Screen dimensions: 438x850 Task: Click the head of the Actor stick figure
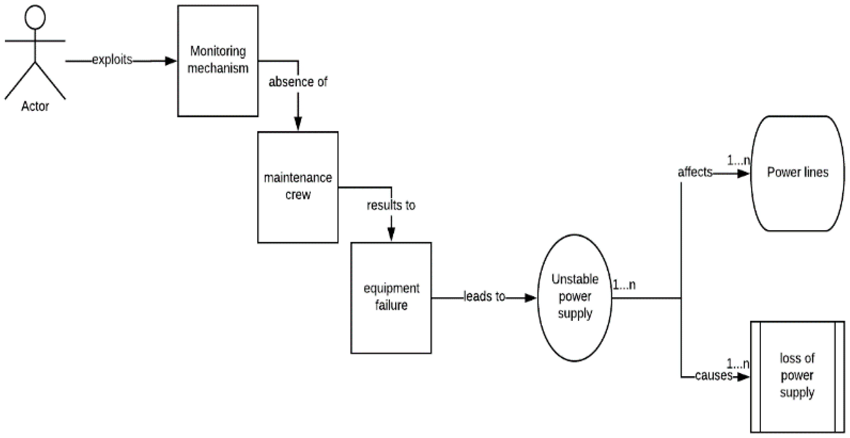coord(35,17)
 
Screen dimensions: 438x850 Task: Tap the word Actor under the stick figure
coord(35,106)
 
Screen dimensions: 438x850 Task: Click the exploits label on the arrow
coord(112,60)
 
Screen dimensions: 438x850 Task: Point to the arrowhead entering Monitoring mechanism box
coord(171,61)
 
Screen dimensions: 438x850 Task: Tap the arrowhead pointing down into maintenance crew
coord(298,124)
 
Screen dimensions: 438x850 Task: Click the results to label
coord(391,205)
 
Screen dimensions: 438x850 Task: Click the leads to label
coord(484,296)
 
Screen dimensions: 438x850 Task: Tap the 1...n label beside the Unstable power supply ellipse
coord(624,285)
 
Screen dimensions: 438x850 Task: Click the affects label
coord(695,172)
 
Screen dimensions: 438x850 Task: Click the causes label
coord(713,375)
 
